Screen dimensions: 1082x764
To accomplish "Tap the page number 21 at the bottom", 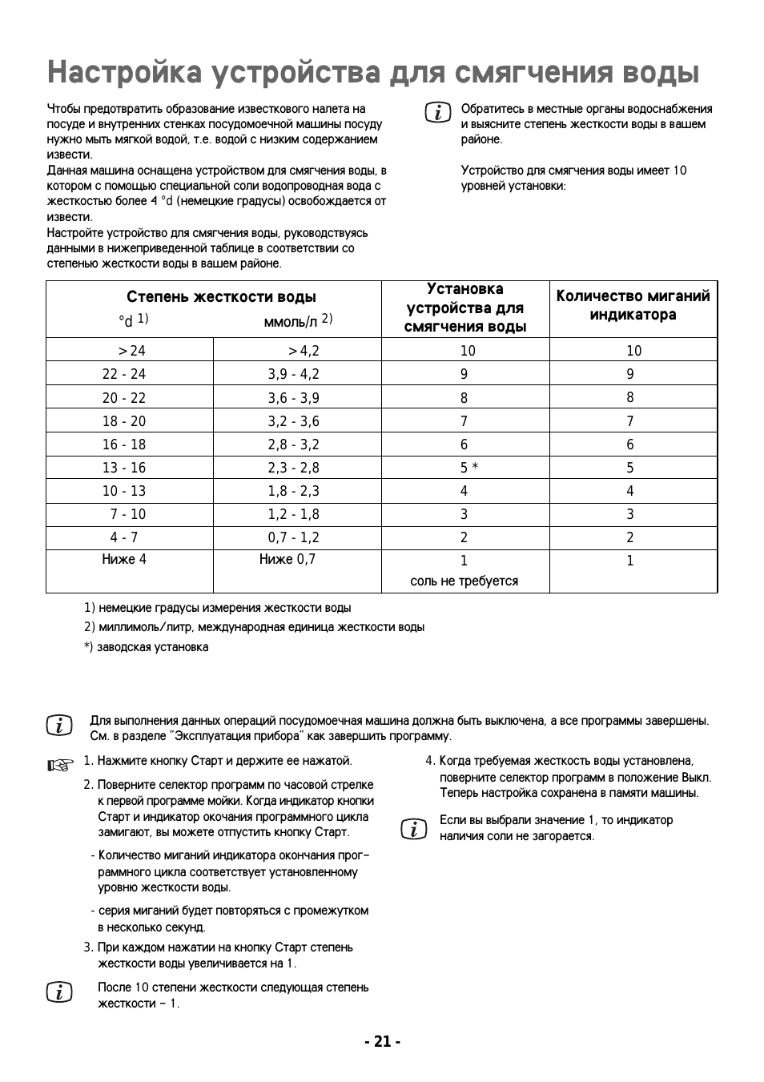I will tap(382, 1041).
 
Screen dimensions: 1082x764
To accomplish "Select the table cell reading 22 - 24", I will tap(123, 374).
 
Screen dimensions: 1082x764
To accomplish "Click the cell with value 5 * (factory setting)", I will tap(468, 468).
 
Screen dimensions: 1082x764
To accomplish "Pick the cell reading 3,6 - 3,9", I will tap(293, 398).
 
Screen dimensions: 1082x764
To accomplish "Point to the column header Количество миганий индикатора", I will tap(633, 305).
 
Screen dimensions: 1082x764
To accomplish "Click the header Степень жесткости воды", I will tap(221, 297).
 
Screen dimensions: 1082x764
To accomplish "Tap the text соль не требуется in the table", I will tap(464, 581).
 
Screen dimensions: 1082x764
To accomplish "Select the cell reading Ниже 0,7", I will tap(288, 559).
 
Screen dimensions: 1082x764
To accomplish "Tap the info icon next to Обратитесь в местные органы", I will tap(438, 113).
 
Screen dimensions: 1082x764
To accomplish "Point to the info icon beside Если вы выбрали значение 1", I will tap(413, 828).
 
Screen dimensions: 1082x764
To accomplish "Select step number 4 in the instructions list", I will tap(430, 761).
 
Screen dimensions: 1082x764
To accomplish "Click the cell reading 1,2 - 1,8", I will tap(293, 514).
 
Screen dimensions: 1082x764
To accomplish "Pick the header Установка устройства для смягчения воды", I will tap(465, 308).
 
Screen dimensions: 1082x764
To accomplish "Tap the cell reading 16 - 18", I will tap(123, 444).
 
